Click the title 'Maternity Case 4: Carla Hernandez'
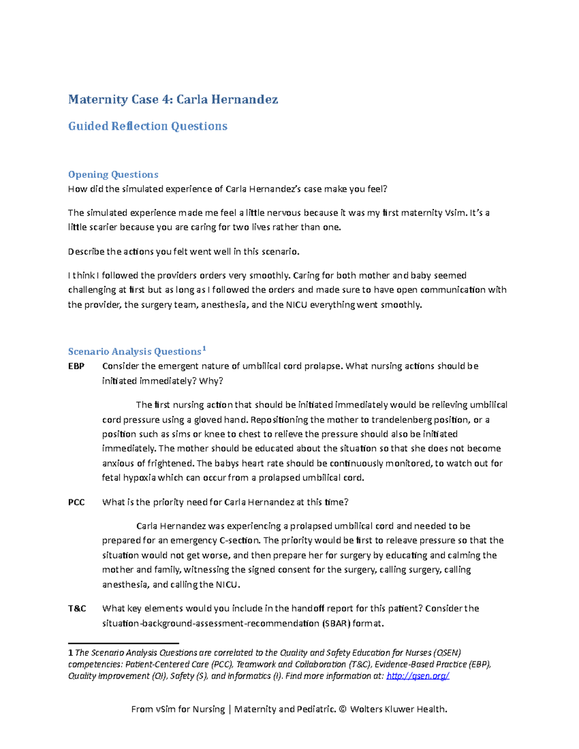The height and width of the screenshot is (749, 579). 173,99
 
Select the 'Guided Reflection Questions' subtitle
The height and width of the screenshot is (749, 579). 148,126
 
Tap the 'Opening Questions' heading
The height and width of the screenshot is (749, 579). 113,174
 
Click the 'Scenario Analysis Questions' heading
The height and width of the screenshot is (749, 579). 134,352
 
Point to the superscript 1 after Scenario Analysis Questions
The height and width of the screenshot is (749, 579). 204,348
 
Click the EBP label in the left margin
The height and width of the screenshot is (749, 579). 76,366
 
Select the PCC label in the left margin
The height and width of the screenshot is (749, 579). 76,502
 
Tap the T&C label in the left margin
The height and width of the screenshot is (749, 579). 77,608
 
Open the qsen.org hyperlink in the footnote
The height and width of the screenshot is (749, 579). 418,676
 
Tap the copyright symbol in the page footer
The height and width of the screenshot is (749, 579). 343,709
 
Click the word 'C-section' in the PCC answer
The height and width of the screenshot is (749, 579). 239,540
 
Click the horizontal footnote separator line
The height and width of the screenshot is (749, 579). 124,643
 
